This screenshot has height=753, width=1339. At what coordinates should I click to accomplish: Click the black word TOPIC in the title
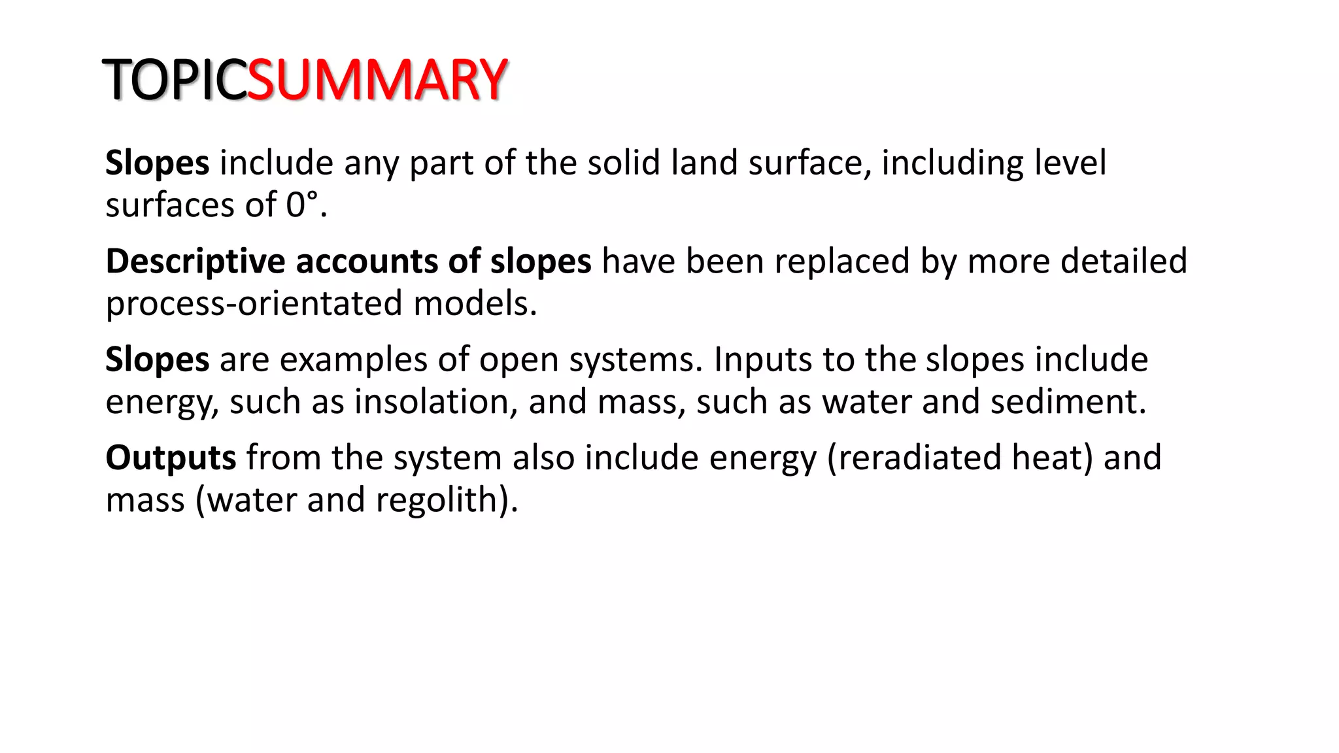tap(175, 80)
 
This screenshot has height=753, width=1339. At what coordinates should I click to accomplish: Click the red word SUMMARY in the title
tap(377, 80)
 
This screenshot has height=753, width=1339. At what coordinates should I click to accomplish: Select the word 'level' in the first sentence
tap(1070, 163)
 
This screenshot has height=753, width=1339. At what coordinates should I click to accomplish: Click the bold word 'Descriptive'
tap(195, 261)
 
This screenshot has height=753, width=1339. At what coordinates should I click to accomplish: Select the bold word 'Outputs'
tap(171, 458)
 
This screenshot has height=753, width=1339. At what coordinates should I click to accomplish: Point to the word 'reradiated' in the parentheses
tap(919, 458)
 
